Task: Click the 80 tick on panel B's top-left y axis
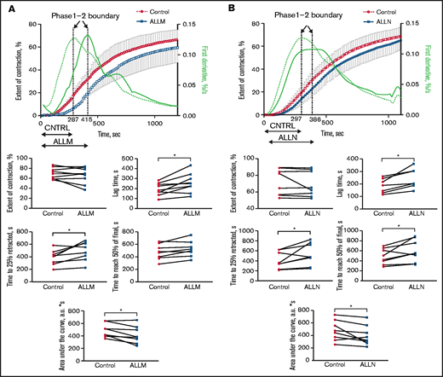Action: pyautogui.click(x=254, y=24)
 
